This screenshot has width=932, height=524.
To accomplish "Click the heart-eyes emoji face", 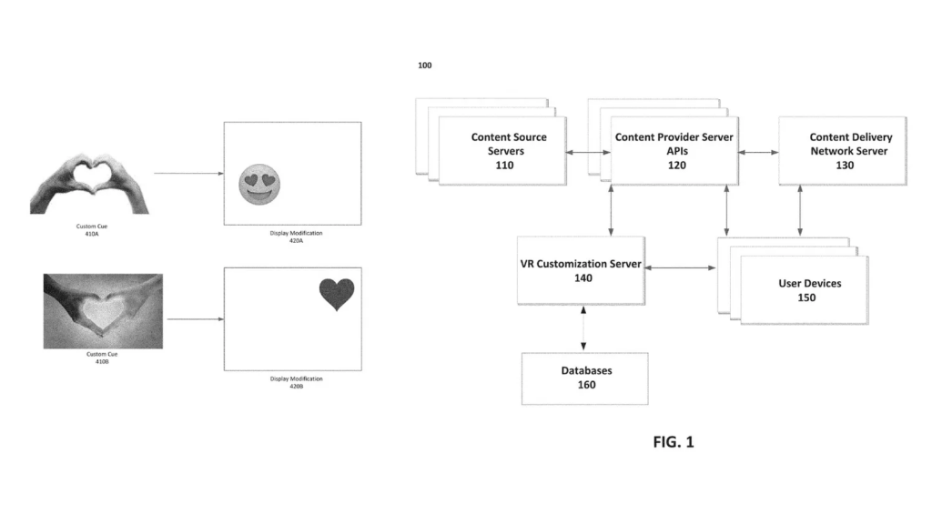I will point(257,186).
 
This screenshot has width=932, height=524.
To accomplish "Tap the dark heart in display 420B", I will point(336,294).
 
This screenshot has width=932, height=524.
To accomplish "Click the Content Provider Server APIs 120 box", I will point(674,150).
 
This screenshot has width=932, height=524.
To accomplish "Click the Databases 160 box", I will point(584,378).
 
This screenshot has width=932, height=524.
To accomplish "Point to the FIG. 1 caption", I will point(674,442).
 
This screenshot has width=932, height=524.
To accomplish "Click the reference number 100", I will point(425,65).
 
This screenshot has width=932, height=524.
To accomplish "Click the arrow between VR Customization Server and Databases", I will point(582,328).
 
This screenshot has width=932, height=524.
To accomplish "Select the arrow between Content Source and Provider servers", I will point(587,153).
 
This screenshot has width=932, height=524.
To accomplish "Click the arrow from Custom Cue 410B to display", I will point(195,319).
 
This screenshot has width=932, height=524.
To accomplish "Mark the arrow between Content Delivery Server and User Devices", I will point(800,211).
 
